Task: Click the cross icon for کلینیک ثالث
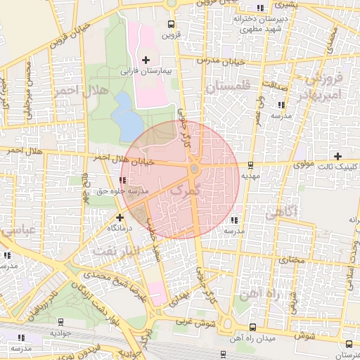tap(338, 155)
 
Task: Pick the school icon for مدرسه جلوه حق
tap(123, 181)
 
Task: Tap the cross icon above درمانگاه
tap(120, 217)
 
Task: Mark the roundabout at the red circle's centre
tap(194, 169)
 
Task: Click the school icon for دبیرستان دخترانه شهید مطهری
tap(261, 8)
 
